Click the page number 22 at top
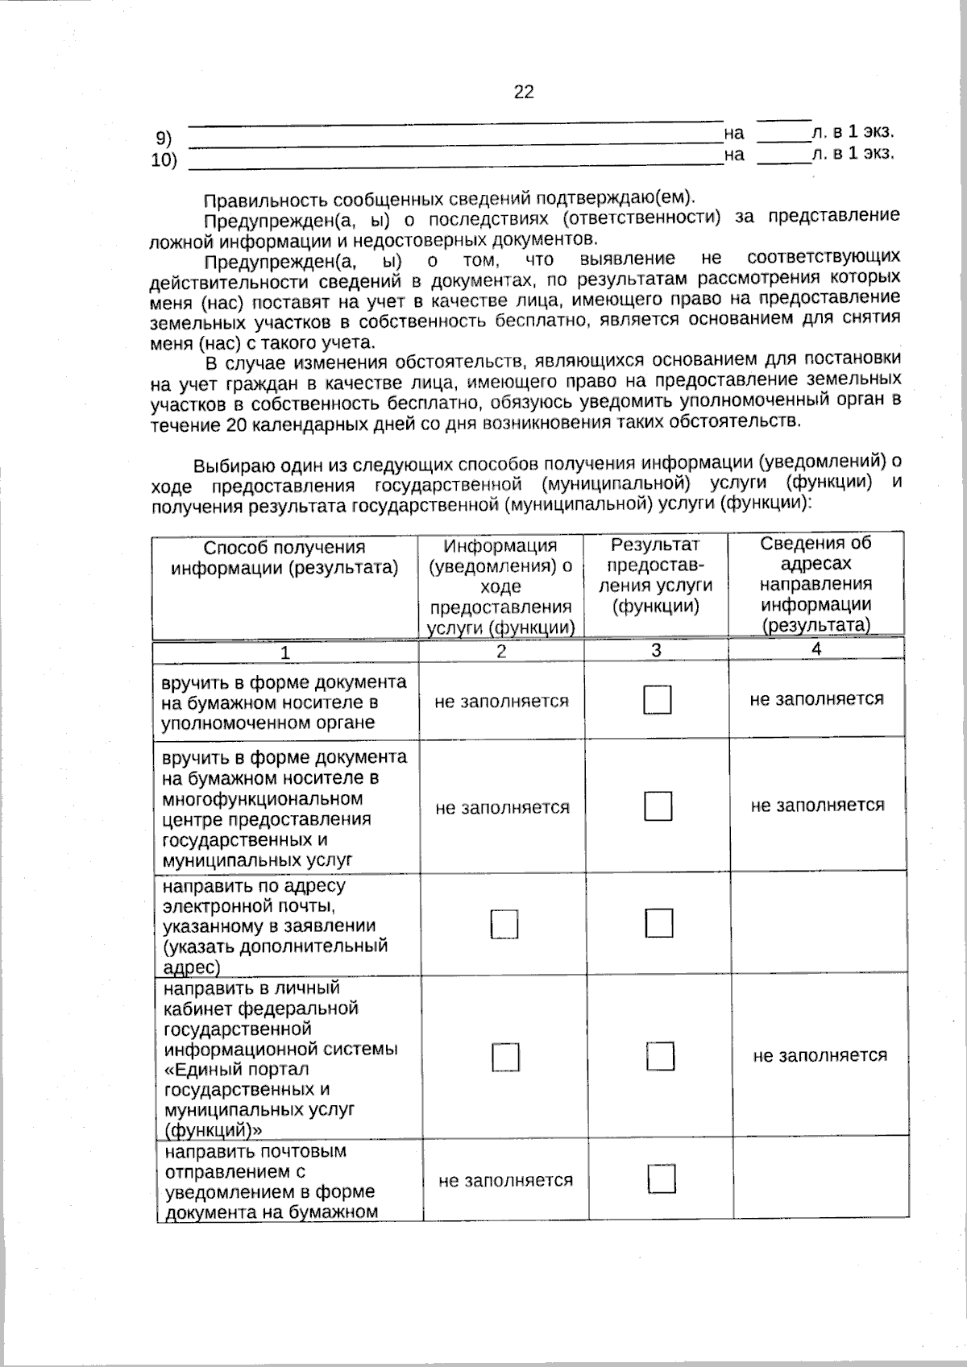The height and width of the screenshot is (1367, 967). (x=524, y=93)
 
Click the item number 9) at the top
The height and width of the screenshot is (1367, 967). (x=164, y=138)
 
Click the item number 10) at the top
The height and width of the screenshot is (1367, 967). (x=164, y=159)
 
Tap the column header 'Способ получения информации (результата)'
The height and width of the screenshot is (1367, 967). (x=284, y=557)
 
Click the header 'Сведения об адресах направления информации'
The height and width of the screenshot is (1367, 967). (x=816, y=584)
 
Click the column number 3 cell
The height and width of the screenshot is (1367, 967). (x=656, y=650)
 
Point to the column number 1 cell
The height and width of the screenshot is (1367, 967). (x=285, y=652)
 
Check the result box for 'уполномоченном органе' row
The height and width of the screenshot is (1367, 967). (x=658, y=700)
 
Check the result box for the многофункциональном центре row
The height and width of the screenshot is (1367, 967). (x=658, y=806)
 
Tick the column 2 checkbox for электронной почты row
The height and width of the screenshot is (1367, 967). (x=504, y=925)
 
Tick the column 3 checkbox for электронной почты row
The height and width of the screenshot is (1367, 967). (x=659, y=923)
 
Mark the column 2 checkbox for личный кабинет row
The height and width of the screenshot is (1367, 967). (x=506, y=1057)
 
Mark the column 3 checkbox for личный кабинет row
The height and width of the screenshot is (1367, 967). (x=660, y=1056)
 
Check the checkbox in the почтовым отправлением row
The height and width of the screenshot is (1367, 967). (x=662, y=1179)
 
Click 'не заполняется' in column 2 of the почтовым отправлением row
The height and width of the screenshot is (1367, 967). (x=505, y=1181)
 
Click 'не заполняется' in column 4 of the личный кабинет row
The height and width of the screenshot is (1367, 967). (x=820, y=1055)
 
